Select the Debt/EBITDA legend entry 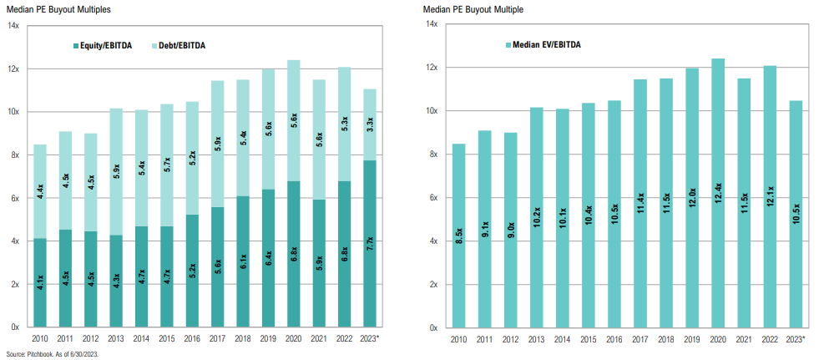click(x=180, y=45)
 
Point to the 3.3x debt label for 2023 click(x=370, y=127)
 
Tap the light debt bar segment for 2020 click(x=293, y=120)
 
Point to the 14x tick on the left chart click(x=14, y=26)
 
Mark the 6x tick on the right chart click(x=432, y=198)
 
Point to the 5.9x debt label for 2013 click(x=116, y=172)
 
